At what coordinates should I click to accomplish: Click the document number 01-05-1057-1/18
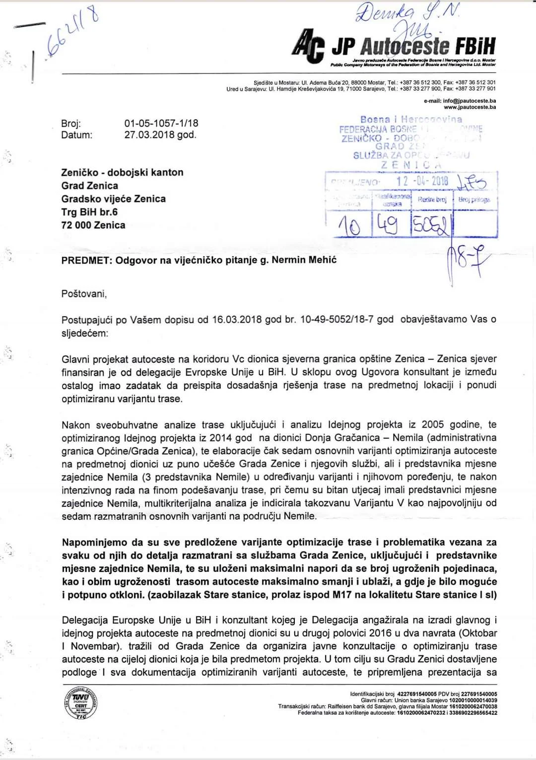click(x=161, y=123)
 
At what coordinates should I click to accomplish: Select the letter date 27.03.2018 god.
click(x=160, y=135)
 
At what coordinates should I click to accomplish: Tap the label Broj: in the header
click(x=71, y=123)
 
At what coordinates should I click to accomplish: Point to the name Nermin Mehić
click(x=304, y=260)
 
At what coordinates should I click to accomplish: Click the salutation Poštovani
click(x=84, y=294)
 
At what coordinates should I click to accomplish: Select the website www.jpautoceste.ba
click(x=469, y=107)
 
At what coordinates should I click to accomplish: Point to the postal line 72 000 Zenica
click(x=93, y=225)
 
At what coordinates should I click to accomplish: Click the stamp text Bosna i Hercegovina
click(x=411, y=119)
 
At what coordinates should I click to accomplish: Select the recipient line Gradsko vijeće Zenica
click(x=113, y=199)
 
